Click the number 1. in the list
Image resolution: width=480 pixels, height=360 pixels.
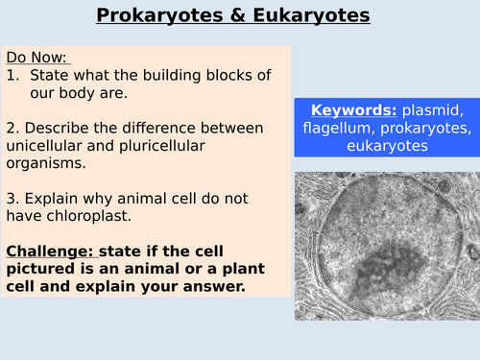[13, 75]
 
